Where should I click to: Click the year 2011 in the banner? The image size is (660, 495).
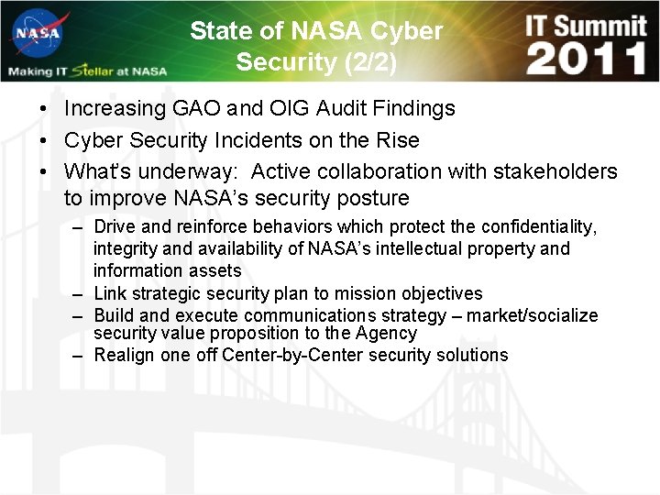[587, 59]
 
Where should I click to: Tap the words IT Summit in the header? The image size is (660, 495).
[586, 24]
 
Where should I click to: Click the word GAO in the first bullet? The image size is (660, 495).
[197, 109]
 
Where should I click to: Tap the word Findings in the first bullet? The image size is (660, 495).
[411, 109]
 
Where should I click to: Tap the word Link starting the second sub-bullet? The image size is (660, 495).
[110, 294]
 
